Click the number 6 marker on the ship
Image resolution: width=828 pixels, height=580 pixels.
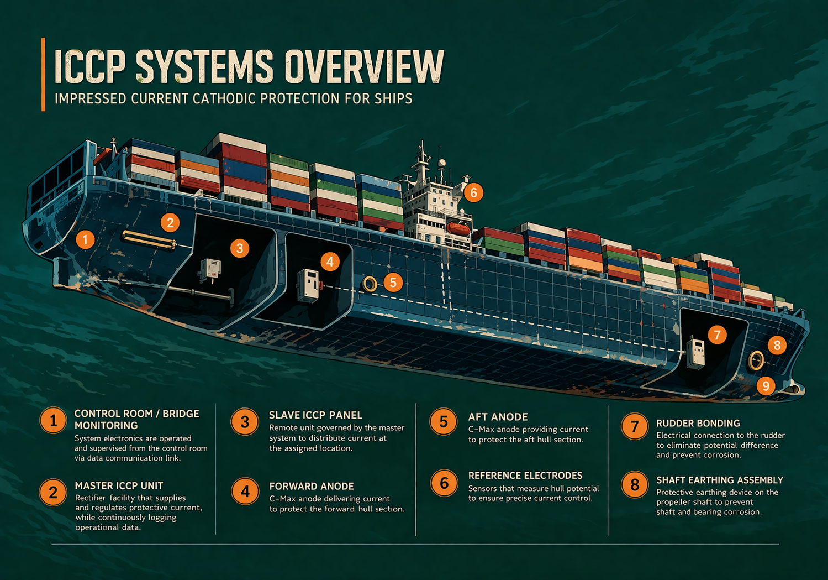tap(473, 192)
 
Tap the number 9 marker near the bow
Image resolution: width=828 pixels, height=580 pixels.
tap(766, 385)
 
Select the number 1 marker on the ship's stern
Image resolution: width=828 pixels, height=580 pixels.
tap(85, 239)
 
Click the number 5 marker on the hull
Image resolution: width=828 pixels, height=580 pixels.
tap(393, 283)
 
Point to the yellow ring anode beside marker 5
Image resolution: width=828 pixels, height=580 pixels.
tap(370, 284)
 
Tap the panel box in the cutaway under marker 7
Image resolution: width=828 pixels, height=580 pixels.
tap(695, 352)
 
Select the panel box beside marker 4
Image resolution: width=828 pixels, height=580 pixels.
tap(308, 285)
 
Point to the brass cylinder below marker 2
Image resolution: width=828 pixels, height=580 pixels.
tap(149, 239)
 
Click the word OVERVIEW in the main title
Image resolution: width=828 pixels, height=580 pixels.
tap(364, 67)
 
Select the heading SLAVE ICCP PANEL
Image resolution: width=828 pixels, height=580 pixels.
tap(315, 415)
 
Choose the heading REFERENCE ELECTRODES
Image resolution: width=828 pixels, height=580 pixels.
tap(525, 476)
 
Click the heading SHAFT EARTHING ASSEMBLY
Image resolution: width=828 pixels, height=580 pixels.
tap(719, 480)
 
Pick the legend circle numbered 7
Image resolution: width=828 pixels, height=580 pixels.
tap(635, 426)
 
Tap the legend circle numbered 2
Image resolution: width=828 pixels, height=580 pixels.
tap(54, 492)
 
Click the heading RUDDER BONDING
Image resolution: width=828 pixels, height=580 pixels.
tap(698, 423)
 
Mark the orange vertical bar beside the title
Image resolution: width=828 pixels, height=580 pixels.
tap(43, 74)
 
